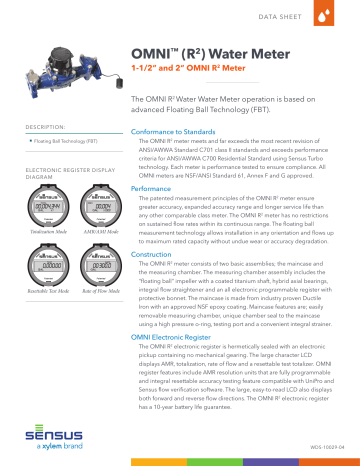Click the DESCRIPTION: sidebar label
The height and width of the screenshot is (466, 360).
[40, 128]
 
